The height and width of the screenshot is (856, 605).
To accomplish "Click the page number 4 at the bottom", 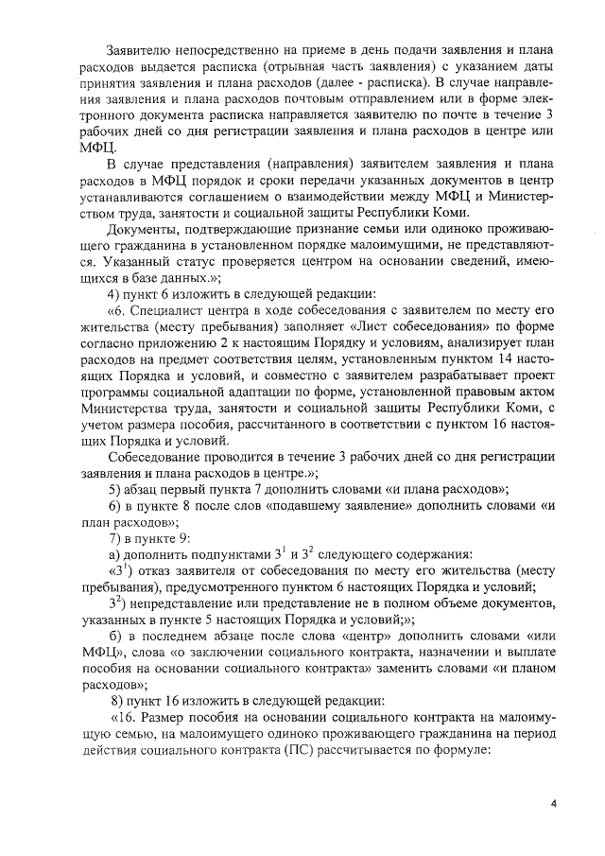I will pyautogui.click(x=555, y=803).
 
